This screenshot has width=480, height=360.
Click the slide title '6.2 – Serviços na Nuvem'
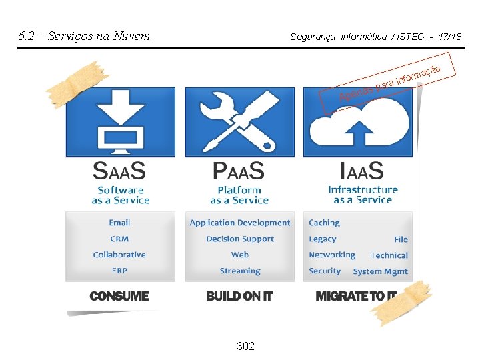click(x=84, y=36)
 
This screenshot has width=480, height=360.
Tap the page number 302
click(x=245, y=346)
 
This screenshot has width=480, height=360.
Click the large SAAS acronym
click(x=119, y=171)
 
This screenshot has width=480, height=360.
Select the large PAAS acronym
click(x=239, y=171)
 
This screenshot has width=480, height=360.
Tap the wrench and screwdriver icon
click(x=239, y=122)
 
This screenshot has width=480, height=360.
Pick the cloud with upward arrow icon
click(x=359, y=123)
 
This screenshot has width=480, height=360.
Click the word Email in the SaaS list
click(x=119, y=223)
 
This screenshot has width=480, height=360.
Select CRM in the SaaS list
click(x=119, y=239)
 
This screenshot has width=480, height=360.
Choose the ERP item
click(x=119, y=271)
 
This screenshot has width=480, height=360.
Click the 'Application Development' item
click(x=240, y=223)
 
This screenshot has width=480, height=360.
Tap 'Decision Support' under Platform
click(x=240, y=239)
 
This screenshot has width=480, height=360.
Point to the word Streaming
click(x=240, y=271)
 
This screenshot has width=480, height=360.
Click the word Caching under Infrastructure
click(x=324, y=223)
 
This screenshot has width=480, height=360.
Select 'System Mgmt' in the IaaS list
click(x=381, y=271)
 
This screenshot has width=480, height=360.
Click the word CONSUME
click(x=119, y=296)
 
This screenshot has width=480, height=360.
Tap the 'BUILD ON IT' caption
click(x=239, y=296)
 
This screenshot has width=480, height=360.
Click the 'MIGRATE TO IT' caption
click(x=356, y=296)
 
